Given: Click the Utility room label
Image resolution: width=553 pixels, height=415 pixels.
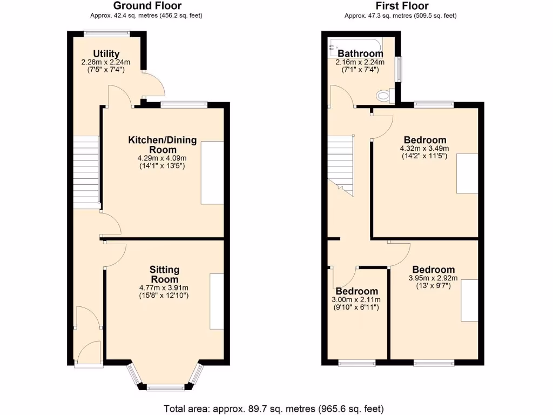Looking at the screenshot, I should coord(106,53).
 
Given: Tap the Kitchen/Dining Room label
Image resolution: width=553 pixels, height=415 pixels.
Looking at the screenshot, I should coord(162,145).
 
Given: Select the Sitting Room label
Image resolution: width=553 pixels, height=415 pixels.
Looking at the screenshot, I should coord(165,274).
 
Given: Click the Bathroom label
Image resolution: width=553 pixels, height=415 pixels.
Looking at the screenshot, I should coord(360,53).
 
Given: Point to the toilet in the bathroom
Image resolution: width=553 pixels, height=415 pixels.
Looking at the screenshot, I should coord(383,96).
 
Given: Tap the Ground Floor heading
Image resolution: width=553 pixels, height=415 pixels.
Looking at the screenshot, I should coord(147,6).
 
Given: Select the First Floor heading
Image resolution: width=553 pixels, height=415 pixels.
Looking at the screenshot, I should coord(400,6).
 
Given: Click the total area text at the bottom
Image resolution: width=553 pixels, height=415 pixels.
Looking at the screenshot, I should coord(274,409).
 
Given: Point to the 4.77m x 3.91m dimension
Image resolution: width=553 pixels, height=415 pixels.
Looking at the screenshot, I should coord(165,288).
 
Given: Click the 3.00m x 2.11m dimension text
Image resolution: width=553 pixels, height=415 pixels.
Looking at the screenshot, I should coord(356,300).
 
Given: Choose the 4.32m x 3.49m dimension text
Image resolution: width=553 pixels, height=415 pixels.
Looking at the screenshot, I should coord(424,149).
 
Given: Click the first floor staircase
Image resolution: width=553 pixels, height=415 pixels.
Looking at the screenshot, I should coord(341,162).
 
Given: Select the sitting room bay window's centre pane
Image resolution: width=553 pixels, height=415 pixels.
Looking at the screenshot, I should coord(165,387).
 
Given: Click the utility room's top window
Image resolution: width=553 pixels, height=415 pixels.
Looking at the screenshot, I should coord(107,34).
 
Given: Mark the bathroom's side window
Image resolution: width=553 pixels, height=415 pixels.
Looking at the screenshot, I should coord(399,70).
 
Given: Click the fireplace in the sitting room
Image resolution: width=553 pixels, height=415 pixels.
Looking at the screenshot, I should coord(217,301).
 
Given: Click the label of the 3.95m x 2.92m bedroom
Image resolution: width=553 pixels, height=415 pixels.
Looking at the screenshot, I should coord(434,270).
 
